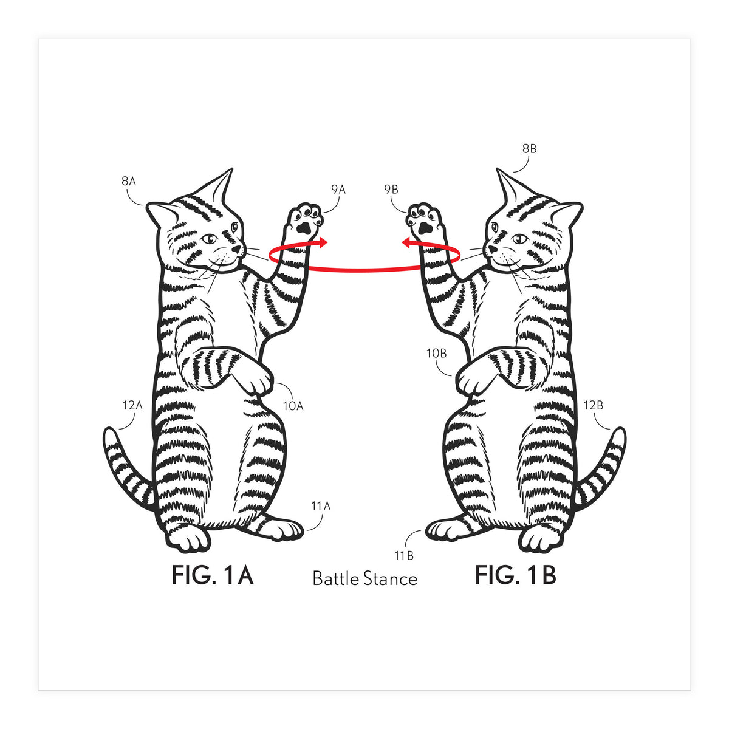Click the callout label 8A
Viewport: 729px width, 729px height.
pos(129,181)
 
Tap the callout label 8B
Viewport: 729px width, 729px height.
pos(529,148)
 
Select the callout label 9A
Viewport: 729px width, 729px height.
pos(338,190)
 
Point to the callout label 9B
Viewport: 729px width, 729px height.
pos(391,190)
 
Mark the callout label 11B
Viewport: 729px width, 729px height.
pos(404,555)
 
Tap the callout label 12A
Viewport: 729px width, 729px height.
pos(132,405)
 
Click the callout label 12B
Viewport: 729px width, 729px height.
pos(594,405)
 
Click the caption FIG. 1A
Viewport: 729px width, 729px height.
pos(212,575)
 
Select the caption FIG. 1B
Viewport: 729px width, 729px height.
pos(515,575)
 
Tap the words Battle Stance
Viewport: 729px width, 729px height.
pos(364,578)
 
